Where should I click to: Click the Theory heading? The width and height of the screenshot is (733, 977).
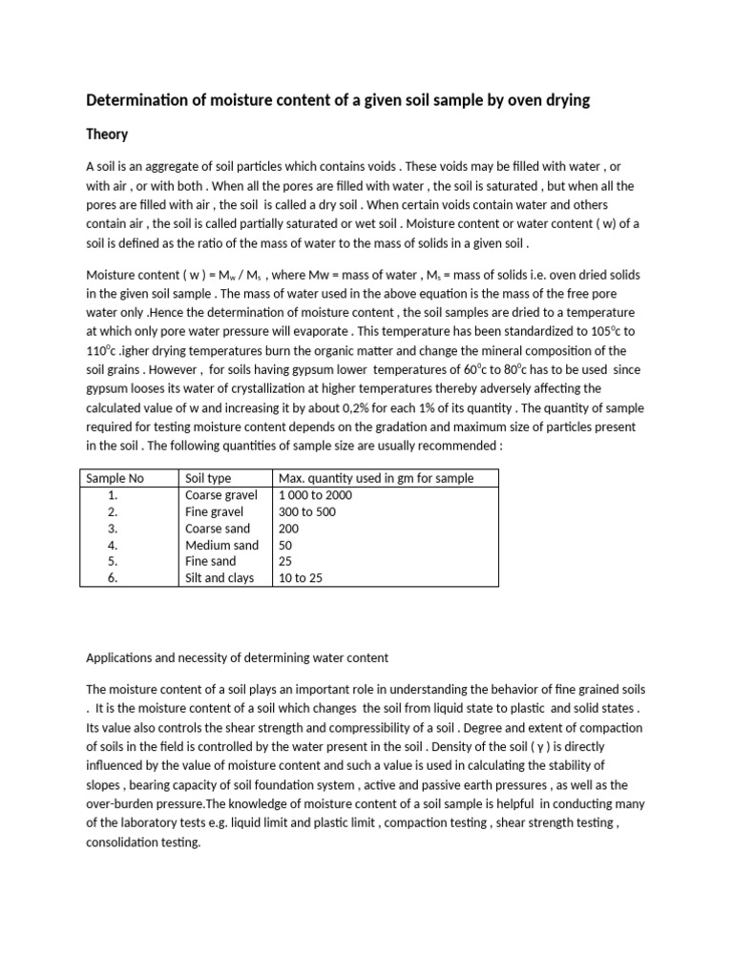coord(107,135)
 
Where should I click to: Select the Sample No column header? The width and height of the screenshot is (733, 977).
coord(115,478)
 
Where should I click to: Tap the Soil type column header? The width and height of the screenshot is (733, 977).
coord(208,478)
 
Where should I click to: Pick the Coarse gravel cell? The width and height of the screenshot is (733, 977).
coord(220,495)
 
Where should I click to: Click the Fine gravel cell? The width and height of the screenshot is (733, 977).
coord(214,511)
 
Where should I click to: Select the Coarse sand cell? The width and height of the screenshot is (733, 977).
coord(218,529)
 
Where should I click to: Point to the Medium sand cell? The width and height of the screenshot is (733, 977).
coord(221,545)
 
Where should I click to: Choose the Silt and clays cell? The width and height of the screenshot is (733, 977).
coord(220,578)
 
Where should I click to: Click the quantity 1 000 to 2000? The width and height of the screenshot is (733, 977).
coord(315,495)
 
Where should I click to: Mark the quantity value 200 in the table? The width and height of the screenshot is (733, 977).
coord(288,529)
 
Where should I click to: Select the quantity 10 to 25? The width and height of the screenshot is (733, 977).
coord(300,578)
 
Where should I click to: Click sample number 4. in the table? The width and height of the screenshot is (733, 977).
coord(113,545)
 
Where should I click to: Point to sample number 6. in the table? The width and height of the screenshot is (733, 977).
coord(113,578)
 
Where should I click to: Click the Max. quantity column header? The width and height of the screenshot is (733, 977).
coord(375,478)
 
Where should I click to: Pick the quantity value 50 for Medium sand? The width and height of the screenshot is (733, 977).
coord(284,545)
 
